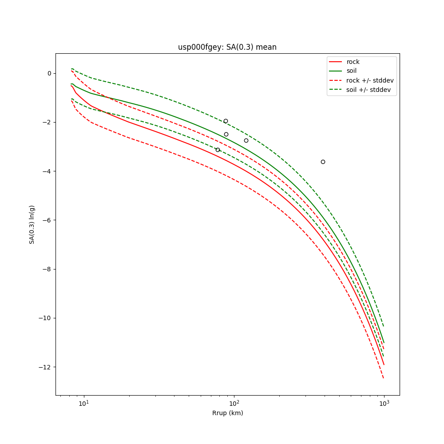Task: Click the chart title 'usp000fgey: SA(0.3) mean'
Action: click(227, 47)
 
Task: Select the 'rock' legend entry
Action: click(353, 62)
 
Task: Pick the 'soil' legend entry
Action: click(351, 71)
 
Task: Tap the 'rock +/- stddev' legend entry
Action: click(370, 80)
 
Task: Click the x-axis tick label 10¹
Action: click(83, 403)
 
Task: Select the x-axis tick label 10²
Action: click(234, 403)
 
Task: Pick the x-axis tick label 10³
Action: click(384, 403)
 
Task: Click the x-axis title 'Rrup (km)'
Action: click(227, 413)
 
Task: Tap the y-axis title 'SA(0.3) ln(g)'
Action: click(32, 224)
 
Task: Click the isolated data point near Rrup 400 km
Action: click(323, 162)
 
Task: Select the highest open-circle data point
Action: click(226, 121)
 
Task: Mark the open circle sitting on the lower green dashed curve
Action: click(218, 150)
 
